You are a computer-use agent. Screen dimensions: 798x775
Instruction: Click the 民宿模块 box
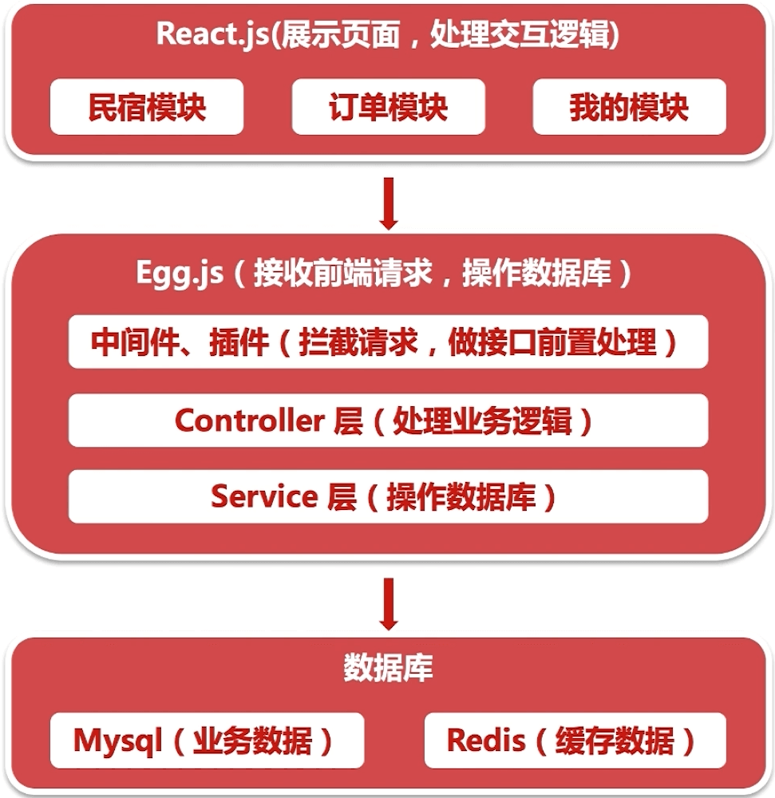[x=147, y=107]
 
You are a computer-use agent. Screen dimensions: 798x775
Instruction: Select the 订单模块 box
[x=389, y=107]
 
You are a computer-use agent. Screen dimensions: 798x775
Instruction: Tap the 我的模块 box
[x=629, y=107]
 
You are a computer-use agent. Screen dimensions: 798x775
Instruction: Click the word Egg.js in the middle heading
[x=179, y=275]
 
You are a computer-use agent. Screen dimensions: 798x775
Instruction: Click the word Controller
[x=248, y=420]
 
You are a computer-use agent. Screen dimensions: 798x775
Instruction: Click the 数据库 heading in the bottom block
[x=389, y=668]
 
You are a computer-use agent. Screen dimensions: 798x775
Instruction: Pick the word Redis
[x=486, y=741]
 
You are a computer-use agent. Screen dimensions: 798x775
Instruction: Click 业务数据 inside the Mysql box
[x=252, y=741]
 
